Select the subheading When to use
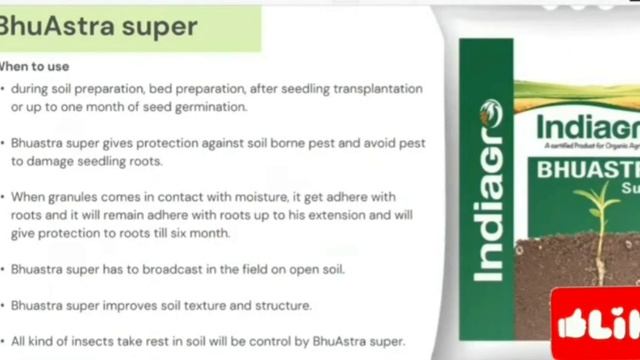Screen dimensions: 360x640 tap(34, 67)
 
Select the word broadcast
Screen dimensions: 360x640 tap(178, 270)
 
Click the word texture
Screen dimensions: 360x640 tap(222, 305)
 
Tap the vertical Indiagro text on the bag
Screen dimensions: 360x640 tap(489, 189)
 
